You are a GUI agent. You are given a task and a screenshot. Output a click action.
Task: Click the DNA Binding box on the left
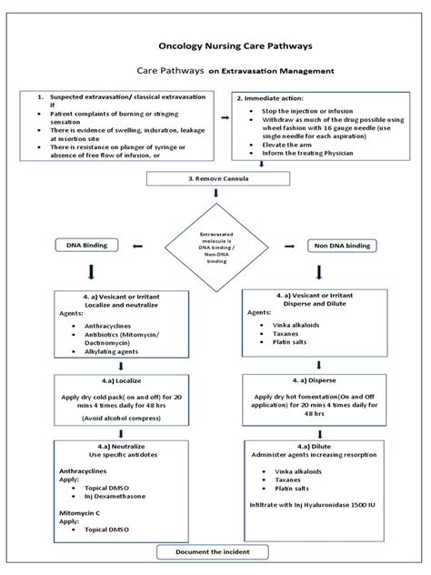[92, 246]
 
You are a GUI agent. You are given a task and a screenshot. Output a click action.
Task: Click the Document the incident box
[215, 552]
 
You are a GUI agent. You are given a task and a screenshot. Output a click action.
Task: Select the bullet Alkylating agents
[104, 349]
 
